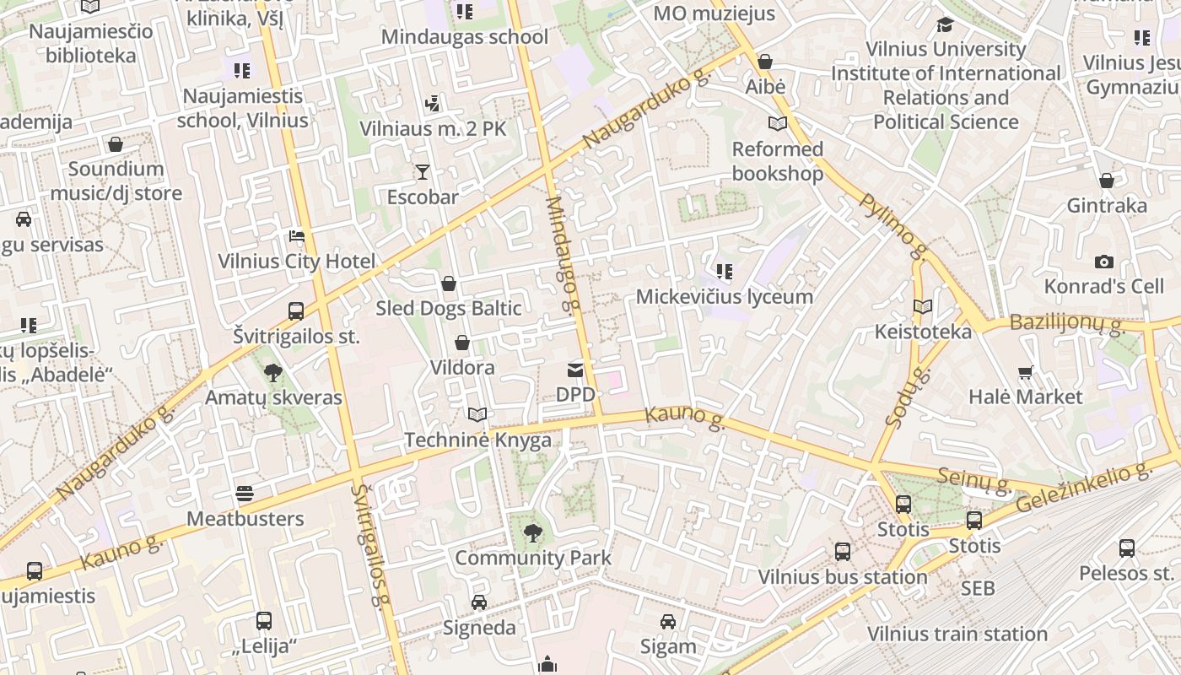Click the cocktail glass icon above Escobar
click(x=423, y=173)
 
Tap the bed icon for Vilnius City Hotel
click(x=296, y=236)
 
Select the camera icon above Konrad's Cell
click(x=1103, y=262)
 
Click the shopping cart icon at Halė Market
click(x=1026, y=372)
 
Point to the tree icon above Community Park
click(x=532, y=532)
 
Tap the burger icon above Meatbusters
click(x=245, y=494)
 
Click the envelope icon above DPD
click(x=575, y=370)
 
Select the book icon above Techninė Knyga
click(x=477, y=414)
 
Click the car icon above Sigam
click(x=668, y=622)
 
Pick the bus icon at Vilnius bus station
click(x=842, y=552)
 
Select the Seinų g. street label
click(x=974, y=480)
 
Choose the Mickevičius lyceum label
click(x=724, y=296)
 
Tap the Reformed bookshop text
click(x=777, y=161)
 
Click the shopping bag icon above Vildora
click(x=461, y=343)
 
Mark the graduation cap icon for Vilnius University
click(x=945, y=25)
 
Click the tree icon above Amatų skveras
click(x=272, y=372)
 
